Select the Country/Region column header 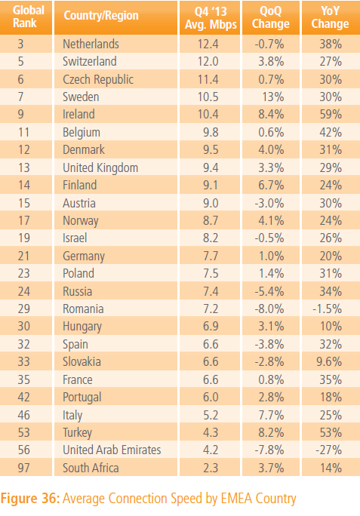tap(101, 16)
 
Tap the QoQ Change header tap(270, 17)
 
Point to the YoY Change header tap(330, 17)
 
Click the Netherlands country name tap(91, 44)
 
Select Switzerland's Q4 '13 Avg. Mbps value tap(208, 62)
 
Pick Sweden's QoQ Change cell tap(273, 97)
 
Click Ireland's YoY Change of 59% tap(331, 115)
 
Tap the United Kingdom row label tap(100, 167)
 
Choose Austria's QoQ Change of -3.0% tap(269, 203)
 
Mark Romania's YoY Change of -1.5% tap(327, 309)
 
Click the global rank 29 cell tap(23, 309)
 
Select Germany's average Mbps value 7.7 tap(211, 256)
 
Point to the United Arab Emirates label tap(112, 450)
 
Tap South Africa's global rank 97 tap(23, 468)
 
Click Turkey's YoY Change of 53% tap(331, 432)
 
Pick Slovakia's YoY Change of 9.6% tap(329, 361)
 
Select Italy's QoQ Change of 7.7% tap(271, 415)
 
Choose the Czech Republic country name tap(98, 80)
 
